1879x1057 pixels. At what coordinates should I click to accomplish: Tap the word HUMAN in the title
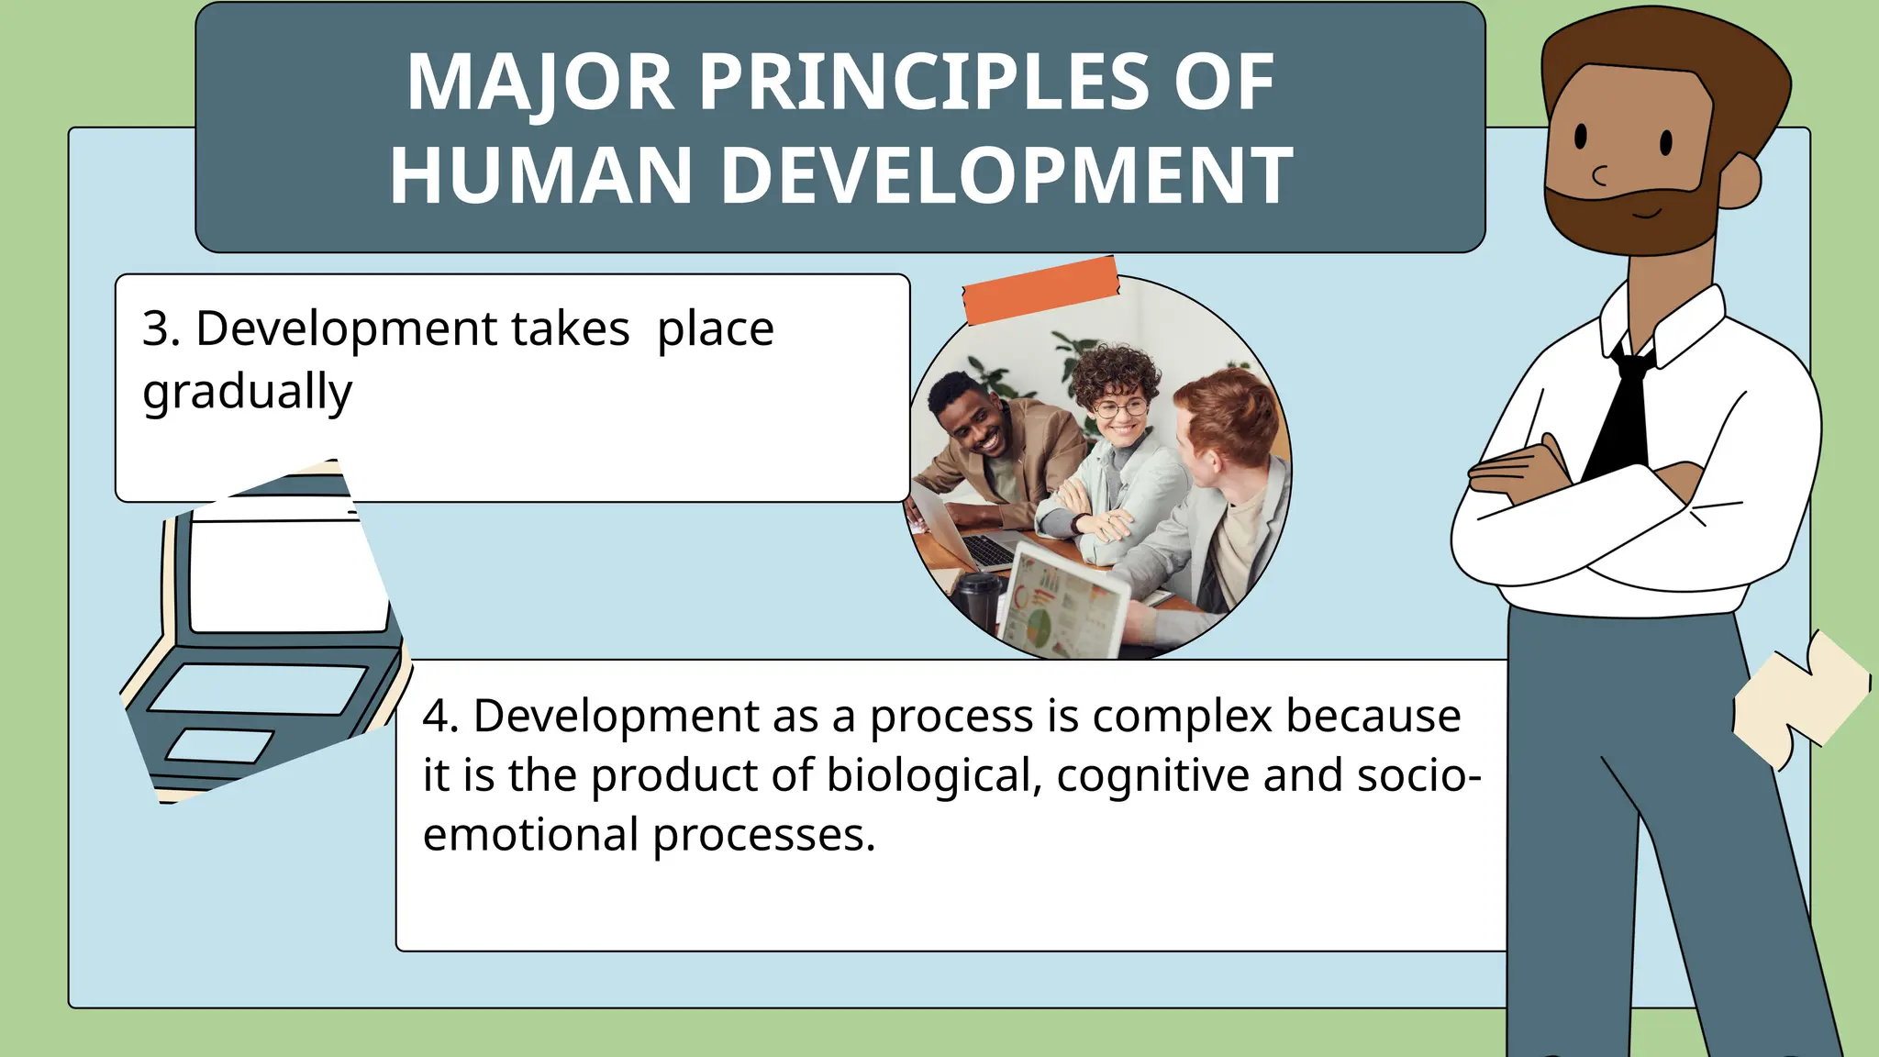coord(540,175)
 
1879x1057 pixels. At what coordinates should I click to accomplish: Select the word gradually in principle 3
coord(247,392)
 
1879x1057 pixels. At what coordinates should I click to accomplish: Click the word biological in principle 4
coord(933,775)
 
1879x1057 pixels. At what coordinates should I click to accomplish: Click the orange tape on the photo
coord(1040,290)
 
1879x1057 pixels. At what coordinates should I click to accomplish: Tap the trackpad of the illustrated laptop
coord(221,745)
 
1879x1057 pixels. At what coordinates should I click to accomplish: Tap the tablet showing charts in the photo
coord(1064,606)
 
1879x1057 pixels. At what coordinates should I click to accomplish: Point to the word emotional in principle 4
coord(530,835)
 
